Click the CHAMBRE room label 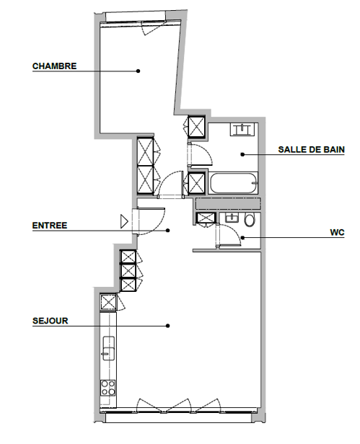[54, 66]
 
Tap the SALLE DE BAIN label [311, 149]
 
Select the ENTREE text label [50, 226]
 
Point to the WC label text [337, 233]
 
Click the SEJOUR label [51, 321]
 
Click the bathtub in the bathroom [234, 183]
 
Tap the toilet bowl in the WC [250, 219]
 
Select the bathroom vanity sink [242, 129]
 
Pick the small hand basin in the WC [232, 218]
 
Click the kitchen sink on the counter [108, 348]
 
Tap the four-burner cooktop [108, 388]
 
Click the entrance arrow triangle [124, 221]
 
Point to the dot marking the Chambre [138, 71]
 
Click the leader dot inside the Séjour [168, 326]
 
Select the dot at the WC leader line [242, 237]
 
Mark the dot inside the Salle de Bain [242, 154]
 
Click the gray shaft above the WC [228, 204]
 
